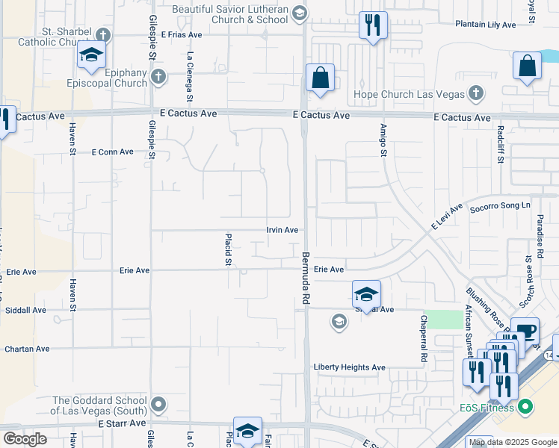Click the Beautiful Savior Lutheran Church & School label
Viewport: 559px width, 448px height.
click(x=229, y=14)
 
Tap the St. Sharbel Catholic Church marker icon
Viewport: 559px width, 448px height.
click(x=102, y=34)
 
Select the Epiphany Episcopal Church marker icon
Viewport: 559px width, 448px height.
click(x=158, y=76)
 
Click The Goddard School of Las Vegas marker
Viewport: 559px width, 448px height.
click(x=158, y=405)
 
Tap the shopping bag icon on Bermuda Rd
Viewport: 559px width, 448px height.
click(x=320, y=78)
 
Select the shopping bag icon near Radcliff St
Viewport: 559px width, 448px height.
click(x=527, y=65)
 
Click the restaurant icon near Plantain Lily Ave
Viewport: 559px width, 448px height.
click(x=372, y=25)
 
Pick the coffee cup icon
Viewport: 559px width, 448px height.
click(x=525, y=331)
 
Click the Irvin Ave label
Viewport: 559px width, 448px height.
click(x=282, y=230)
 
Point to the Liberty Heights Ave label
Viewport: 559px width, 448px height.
click(x=349, y=367)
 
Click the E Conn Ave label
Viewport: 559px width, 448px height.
click(x=112, y=152)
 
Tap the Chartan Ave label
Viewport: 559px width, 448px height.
click(x=27, y=349)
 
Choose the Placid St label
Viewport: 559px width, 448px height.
click(x=228, y=249)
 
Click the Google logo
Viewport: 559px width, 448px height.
click(x=25, y=438)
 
